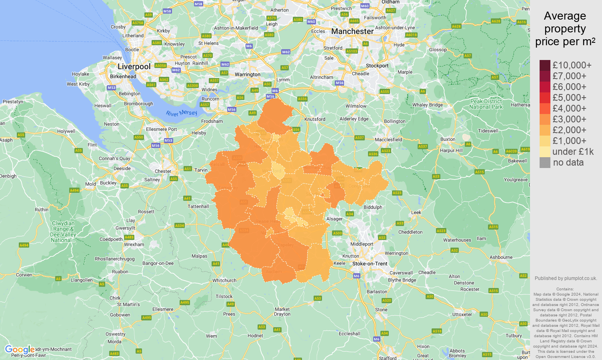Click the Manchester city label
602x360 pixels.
click(352, 31)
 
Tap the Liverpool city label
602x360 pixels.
click(134, 66)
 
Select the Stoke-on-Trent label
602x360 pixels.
click(370, 264)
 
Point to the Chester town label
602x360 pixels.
click(163, 171)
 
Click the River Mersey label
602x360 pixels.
click(182, 113)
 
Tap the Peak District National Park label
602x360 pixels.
click(486, 104)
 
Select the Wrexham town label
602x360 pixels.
click(134, 244)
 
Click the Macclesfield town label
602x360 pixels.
click(388, 140)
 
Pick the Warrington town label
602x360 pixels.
click(247, 74)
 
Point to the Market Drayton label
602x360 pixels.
click(282, 312)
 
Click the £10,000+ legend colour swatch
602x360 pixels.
click(545, 65)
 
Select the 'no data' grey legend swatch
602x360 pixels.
click(545, 162)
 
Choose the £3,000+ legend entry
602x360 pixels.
click(569, 119)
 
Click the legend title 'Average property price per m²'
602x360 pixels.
click(565, 29)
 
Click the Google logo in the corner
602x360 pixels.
click(20, 350)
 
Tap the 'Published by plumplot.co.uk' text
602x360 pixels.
click(566, 278)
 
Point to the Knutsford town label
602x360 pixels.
click(315, 119)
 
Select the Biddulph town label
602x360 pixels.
click(373, 207)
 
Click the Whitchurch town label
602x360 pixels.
click(224, 280)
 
